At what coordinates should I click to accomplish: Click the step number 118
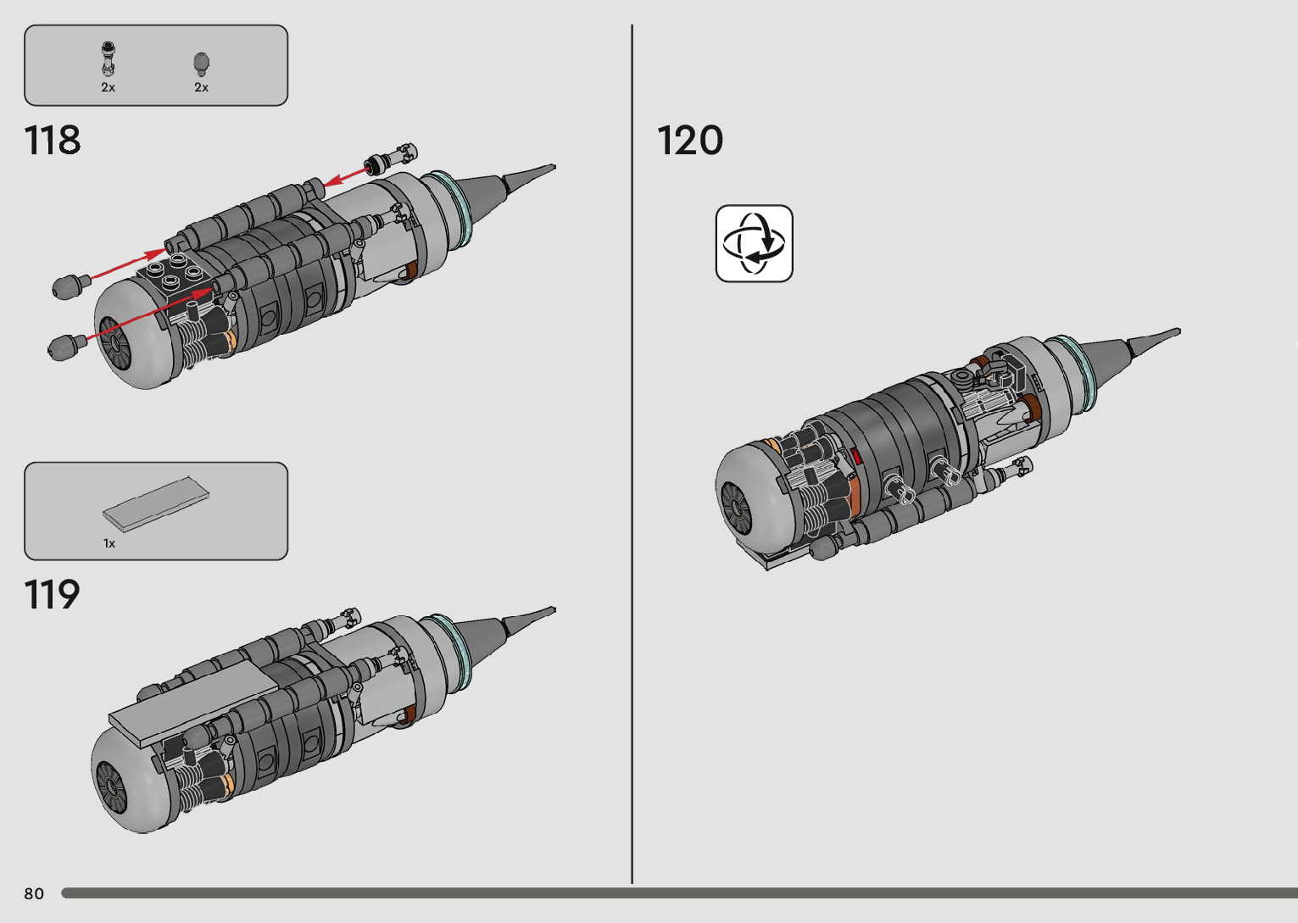[x=53, y=141]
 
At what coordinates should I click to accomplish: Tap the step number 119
[x=53, y=595]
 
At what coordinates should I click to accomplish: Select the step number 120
[x=690, y=141]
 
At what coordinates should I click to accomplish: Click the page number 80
[x=34, y=893]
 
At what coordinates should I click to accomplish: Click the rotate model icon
[x=754, y=243]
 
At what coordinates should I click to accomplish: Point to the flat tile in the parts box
[x=156, y=507]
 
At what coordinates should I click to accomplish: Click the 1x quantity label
[x=109, y=543]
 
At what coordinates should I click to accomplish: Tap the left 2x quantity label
[x=108, y=87]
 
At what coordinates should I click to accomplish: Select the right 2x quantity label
[x=201, y=87]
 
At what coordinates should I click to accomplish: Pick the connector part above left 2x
[x=108, y=59]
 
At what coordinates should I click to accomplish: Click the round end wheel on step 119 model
[x=111, y=786]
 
